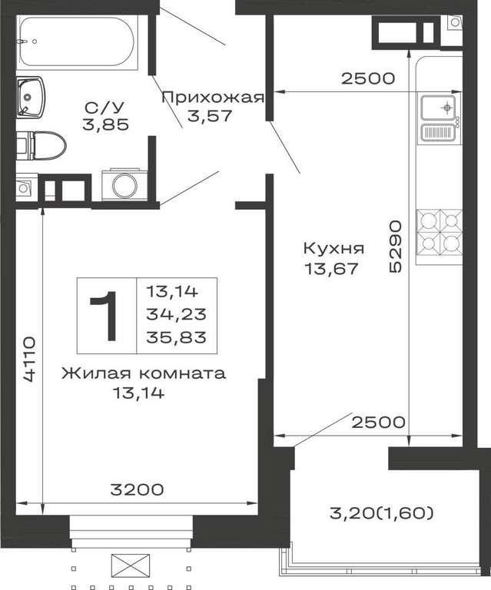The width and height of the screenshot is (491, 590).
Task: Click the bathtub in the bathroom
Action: pyautogui.click(x=77, y=41)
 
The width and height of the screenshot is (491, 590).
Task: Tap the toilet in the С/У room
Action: pyautogui.click(x=41, y=145)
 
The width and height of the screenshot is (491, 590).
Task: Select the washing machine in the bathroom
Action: pyautogui.click(x=124, y=186)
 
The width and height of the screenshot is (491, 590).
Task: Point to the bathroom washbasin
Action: pyautogui.click(x=30, y=97)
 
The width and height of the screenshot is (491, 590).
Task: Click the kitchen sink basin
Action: pyautogui.click(x=438, y=107)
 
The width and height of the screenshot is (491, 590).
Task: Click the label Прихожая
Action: pyautogui.click(x=213, y=98)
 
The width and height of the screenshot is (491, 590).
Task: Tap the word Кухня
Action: pyautogui.click(x=333, y=249)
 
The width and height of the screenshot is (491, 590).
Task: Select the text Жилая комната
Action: pyautogui.click(x=144, y=373)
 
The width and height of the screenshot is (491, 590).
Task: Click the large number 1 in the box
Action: pyautogui.click(x=107, y=316)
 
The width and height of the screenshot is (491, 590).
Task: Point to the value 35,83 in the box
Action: pyautogui.click(x=177, y=337)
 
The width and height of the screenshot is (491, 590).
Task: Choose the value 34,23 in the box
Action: pyautogui.click(x=177, y=313)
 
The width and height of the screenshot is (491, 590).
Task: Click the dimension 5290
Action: pyautogui.click(x=396, y=247)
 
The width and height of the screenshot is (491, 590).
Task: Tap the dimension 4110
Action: pyautogui.click(x=29, y=360)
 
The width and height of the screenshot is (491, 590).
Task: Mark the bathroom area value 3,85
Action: pyautogui.click(x=106, y=124)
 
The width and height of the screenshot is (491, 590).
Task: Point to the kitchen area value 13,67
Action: pyautogui.click(x=331, y=269)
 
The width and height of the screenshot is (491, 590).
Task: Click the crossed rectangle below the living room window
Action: pyautogui.click(x=130, y=564)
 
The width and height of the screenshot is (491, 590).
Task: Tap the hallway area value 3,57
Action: pyautogui.click(x=210, y=115)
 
